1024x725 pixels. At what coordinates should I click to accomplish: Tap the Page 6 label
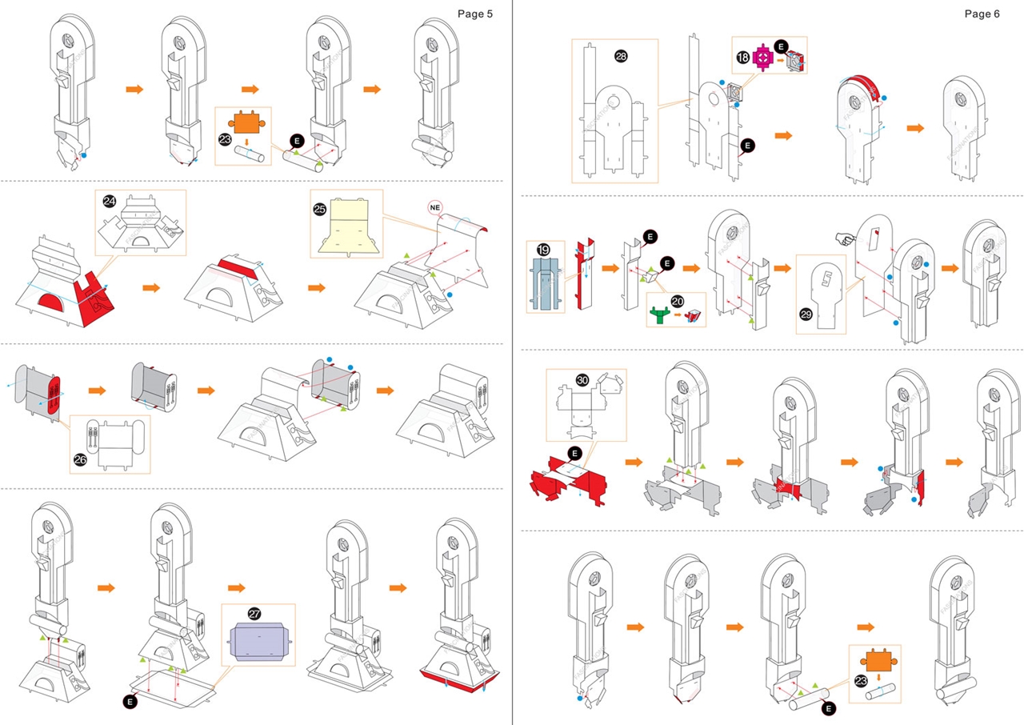[982, 14]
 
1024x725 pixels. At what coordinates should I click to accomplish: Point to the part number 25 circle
[320, 209]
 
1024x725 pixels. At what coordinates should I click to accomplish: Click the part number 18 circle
[742, 58]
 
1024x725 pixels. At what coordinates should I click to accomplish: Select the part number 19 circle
[543, 250]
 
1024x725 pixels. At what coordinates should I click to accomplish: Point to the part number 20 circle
[677, 302]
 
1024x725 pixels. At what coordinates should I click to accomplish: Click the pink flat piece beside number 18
[762, 58]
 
